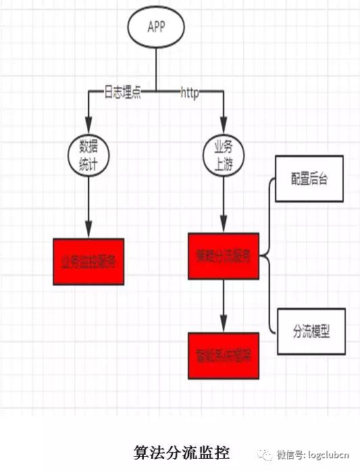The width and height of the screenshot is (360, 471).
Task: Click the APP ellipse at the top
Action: [156, 28]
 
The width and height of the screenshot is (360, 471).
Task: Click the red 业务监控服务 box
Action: [88, 262]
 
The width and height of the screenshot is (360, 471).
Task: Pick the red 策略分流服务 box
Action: [224, 256]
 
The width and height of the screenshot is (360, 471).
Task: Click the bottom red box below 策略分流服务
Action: [224, 355]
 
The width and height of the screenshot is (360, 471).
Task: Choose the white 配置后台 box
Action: [309, 179]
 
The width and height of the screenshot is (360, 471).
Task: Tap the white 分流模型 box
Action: [311, 331]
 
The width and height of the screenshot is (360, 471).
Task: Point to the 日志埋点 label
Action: [122, 93]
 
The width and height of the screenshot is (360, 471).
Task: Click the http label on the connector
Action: [190, 93]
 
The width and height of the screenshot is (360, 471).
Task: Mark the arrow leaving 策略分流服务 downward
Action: [224, 304]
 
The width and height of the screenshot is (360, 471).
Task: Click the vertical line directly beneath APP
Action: [156, 68]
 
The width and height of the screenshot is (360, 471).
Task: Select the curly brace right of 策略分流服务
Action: [268, 256]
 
